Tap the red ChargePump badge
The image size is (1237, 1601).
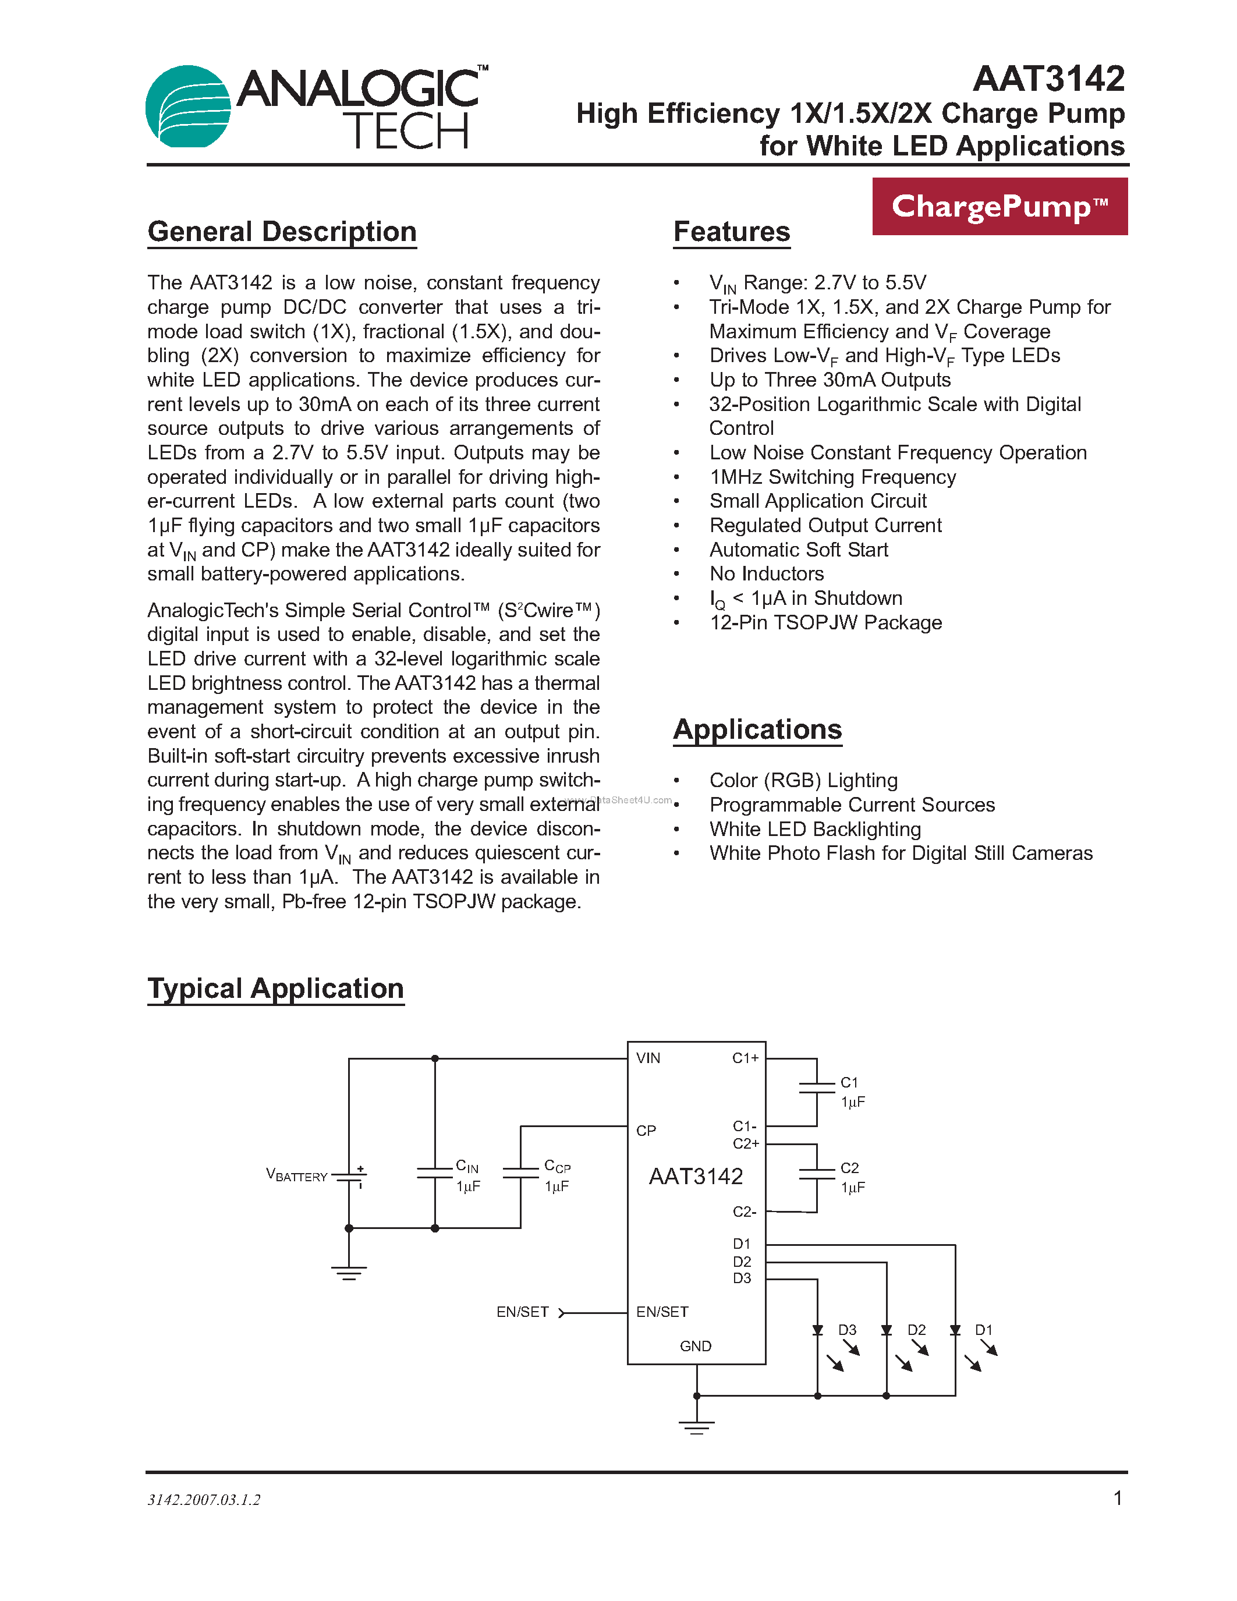999,207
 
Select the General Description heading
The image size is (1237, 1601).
282,232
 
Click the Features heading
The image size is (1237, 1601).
731,232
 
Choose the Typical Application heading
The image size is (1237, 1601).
275,988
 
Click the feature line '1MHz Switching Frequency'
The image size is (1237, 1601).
832,477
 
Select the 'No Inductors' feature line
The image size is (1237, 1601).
766,574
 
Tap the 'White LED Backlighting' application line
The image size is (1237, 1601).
814,829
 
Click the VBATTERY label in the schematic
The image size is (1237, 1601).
297,1175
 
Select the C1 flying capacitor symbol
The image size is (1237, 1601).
816,1088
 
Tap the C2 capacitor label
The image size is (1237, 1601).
849,1168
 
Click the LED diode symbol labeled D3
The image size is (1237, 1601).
818,1330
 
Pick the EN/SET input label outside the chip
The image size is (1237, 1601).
523,1312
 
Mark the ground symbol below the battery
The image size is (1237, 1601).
349,1273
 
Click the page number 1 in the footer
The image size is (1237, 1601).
1118,1499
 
